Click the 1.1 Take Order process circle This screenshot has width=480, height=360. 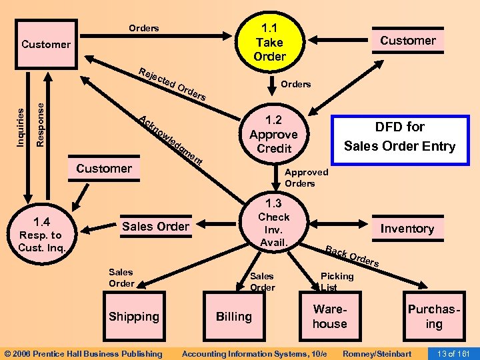(x=269, y=42)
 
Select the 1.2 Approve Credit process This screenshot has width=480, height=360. (x=274, y=134)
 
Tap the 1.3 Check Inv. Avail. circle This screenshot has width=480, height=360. (x=274, y=223)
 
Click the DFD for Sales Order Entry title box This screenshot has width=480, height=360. (x=398, y=137)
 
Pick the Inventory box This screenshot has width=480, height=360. (x=407, y=229)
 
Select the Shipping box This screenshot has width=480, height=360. (x=134, y=317)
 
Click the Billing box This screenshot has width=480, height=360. (x=233, y=317)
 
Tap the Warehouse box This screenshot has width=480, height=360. (x=330, y=317)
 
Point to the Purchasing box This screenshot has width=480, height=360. (x=434, y=317)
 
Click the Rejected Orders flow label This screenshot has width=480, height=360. (x=173, y=85)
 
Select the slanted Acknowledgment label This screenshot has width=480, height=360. (x=170, y=141)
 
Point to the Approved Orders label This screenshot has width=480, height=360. (x=306, y=177)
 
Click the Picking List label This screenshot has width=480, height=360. (x=337, y=281)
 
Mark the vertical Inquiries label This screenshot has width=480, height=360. (x=21, y=121)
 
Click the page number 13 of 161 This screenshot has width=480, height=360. (x=452, y=353)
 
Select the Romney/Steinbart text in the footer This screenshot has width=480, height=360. (x=377, y=353)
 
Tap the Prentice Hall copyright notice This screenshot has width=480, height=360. (x=83, y=353)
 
